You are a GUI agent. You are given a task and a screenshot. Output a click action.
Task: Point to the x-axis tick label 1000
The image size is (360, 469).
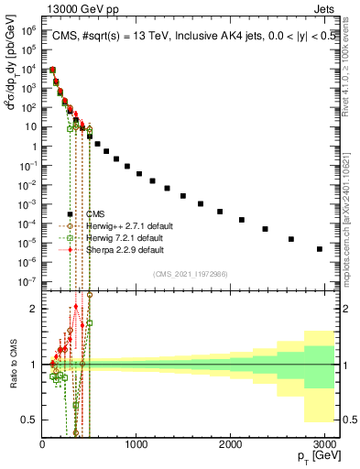coord(136,445)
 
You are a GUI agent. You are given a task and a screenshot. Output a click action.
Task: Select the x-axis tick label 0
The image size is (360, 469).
coord(42,445)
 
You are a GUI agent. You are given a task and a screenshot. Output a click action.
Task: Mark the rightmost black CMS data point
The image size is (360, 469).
coord(319,248)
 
